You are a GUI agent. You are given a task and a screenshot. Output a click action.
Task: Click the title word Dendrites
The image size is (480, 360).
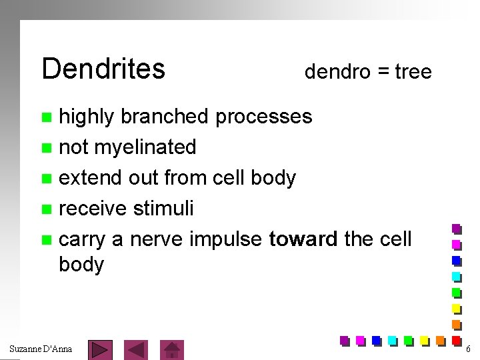pos(103,68)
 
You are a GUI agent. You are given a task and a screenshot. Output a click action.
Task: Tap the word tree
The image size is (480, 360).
pos(413,71)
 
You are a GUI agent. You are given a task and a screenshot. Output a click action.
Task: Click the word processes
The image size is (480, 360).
pos(263,117)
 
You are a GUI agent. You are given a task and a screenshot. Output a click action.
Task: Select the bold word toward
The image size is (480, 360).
pos(303,239)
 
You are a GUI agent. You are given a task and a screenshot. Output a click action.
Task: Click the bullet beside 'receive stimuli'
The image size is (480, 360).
pos(46,209)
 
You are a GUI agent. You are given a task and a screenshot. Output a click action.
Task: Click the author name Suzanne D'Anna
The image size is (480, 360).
pos(41,349)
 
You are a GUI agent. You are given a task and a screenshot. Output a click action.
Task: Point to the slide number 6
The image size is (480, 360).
pos(468,349)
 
